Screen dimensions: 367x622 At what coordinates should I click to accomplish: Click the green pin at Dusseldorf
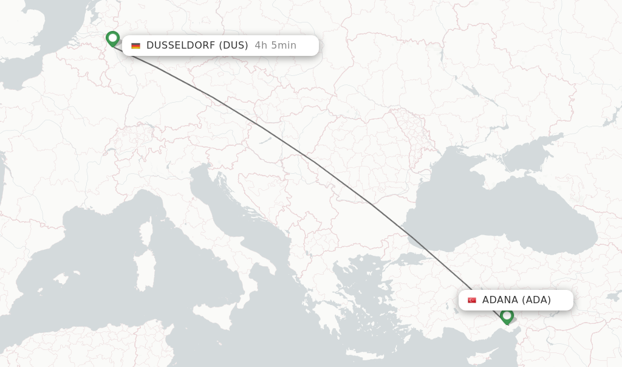pyautogui.click(x=112, y=38)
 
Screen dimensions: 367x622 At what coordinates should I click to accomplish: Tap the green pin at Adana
pyautogui.click(x=507, y=315)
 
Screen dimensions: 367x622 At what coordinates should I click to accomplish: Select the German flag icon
pyautogui.click(x=135, y=46)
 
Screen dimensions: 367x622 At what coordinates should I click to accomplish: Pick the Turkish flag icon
pyautogui.click(x=472, y=300)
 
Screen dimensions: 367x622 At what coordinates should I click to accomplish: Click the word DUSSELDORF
pyautogui.click(x=180, y=45)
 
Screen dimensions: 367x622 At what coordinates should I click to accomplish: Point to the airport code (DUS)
pyautogui.click(x=233, y=45)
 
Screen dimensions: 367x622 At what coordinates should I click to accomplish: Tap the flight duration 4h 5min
pyautogui.click(x=276, y=45)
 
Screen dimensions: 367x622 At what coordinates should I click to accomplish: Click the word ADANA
pyautogui.click(x=500, y=300)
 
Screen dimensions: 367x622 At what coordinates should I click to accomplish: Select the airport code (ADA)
pyautogui.click(x=536, y=300)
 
